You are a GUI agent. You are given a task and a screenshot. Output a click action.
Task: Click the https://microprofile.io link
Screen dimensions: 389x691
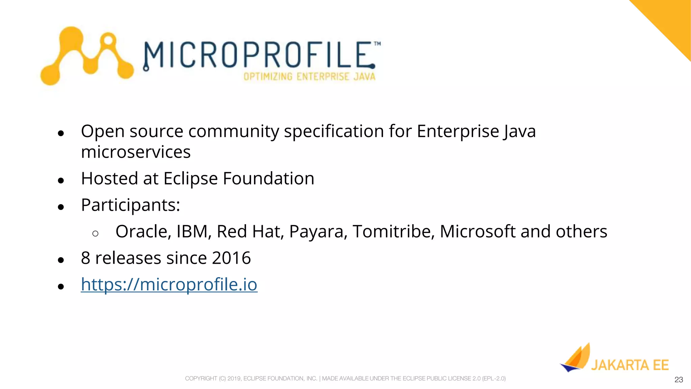pos(169,285)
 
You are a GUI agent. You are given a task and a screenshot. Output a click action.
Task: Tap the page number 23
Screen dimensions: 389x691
pos(679,380)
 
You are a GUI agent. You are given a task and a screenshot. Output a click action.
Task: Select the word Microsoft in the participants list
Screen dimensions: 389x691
pos(477,232)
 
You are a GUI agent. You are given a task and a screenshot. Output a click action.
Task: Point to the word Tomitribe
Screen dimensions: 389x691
pos(393,232)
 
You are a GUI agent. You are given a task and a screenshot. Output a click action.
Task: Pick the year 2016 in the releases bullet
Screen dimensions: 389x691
pos(231,258)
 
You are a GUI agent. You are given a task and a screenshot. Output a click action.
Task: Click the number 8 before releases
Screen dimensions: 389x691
pos(86,258)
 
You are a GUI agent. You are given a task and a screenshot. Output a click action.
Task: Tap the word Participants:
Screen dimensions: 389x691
pos(131,205)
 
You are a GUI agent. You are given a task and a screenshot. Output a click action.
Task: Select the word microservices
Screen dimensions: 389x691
pos(136,152)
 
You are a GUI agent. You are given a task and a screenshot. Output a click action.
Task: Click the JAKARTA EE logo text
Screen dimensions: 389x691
pos(630,365)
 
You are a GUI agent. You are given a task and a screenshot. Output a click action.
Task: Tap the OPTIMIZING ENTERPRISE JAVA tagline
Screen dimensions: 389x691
pos(309,77)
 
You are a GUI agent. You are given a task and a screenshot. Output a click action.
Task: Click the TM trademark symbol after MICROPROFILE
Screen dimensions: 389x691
pos(377,44)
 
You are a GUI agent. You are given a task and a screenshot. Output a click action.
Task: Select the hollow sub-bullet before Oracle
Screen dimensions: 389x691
pos(95,233)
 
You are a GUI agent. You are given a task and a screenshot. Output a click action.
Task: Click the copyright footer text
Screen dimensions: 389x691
pos(345,379)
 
